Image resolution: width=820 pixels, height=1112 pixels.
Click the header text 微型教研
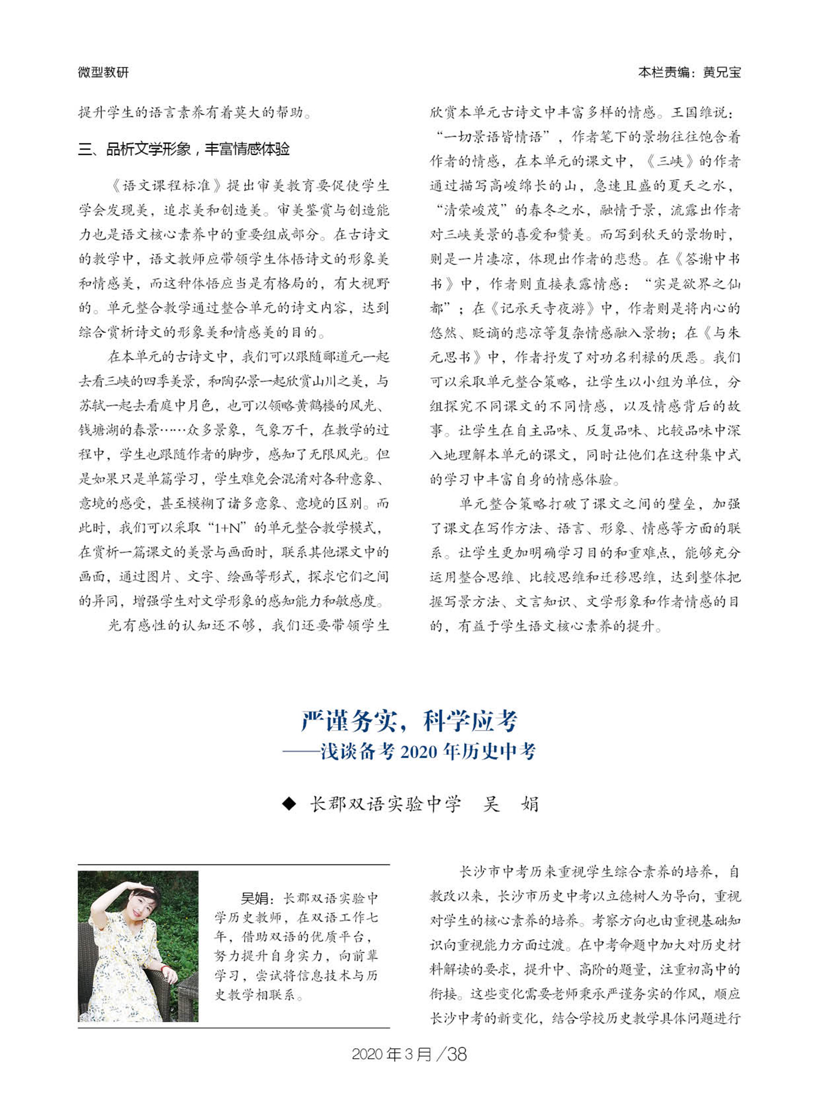[x=103, y=73]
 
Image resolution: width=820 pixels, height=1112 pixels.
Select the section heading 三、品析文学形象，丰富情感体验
[x=184, y=149]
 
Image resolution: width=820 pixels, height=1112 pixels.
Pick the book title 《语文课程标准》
[x=167, y=186]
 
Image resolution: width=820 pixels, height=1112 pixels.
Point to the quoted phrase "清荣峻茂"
[x=471, y=210]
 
